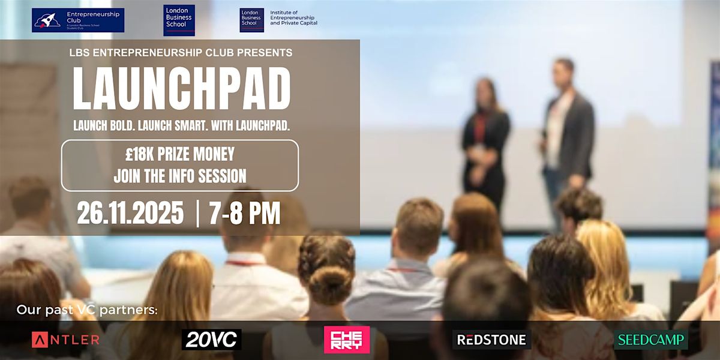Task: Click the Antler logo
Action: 65,340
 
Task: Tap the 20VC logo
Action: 211,340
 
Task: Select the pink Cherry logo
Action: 347,340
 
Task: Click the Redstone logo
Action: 491,340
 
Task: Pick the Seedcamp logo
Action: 651,340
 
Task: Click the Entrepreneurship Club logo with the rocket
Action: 78,20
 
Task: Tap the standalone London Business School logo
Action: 179,20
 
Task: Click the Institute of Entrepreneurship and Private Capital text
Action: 293,18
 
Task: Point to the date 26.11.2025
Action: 130,214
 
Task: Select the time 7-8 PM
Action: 245,214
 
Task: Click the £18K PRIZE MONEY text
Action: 180,155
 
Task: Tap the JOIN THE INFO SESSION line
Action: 180,176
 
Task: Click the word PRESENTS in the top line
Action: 265,53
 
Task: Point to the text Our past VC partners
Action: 87,311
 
